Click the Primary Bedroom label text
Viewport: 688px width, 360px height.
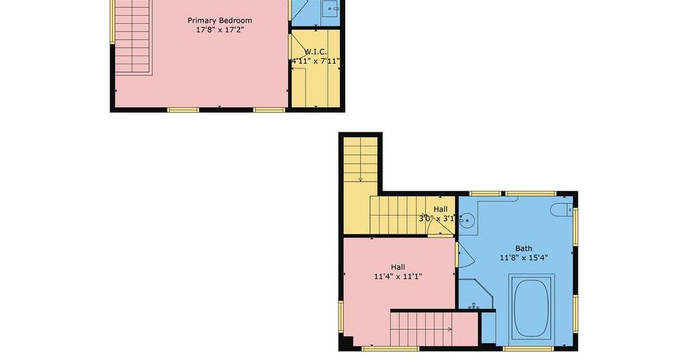click(220, 20)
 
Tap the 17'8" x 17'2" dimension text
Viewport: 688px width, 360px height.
click(220, 30)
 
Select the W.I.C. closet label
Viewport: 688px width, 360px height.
click(316, 52)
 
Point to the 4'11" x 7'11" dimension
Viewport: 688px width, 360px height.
click(316, 61)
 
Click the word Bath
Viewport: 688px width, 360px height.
click(523, 249)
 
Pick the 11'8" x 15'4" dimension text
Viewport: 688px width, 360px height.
click(523, 258)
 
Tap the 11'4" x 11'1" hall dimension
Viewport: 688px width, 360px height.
click(398, 276)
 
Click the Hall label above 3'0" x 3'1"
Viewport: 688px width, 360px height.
click(441, 209)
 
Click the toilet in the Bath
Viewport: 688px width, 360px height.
click(562, 209)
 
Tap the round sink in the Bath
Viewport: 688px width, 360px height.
click(466, 219)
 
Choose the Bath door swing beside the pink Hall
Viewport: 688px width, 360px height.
click(466, 255)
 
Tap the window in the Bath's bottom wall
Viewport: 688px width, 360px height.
click(528, 349)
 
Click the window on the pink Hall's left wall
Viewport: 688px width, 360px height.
click(341, 316)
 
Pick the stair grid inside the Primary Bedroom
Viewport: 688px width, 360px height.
click(133, 38)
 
